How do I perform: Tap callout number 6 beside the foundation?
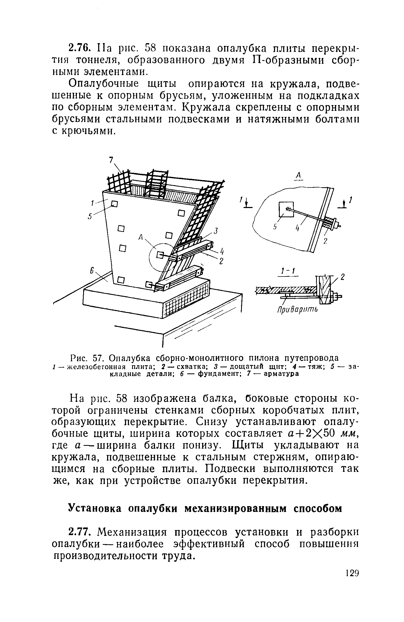(92, 271)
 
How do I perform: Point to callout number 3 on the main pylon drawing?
(216, 231)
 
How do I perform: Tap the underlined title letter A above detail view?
(298, 175)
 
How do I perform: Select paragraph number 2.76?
(79, 48)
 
